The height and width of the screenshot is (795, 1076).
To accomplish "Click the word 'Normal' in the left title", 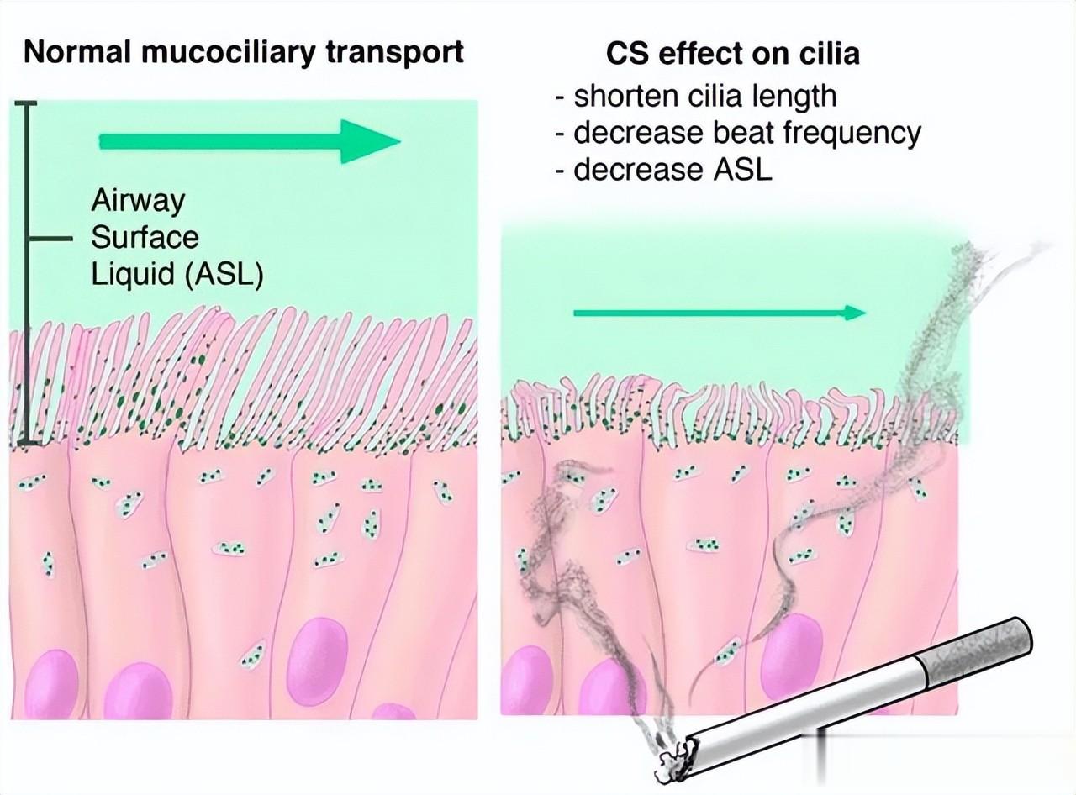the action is coord(77,52).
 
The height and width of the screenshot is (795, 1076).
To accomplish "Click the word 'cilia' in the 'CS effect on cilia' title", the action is coord(830,53).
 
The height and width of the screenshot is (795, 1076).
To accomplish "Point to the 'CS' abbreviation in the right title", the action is coord(628,53).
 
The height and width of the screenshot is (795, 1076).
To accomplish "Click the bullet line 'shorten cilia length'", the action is coord(696,97).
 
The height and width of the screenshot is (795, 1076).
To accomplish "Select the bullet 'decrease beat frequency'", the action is coord(738,134).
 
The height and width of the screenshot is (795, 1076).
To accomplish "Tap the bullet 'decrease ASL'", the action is coord(663,170).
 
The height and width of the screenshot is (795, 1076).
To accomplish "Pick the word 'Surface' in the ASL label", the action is coord(145,237).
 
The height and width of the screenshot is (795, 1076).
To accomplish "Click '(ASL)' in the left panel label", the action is coord(224,275).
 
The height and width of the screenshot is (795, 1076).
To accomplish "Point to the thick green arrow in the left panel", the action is coord(250,142).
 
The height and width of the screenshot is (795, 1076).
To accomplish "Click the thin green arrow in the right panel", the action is coord(720,313).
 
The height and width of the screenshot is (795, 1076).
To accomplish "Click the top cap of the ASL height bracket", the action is coord(26,103).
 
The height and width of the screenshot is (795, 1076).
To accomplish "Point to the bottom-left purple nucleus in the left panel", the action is coord(51,685).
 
